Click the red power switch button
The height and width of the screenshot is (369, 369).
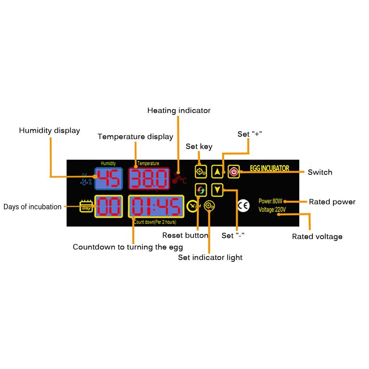[x=234, y=172]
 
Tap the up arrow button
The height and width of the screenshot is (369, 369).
[x=217, y=172]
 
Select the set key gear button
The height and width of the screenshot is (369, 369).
[x=201, y=172]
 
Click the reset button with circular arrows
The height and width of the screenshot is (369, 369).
[x=201, y=190]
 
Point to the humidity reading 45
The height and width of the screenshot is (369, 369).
[x=108, y=178]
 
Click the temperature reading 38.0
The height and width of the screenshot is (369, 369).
[x=149, y=178]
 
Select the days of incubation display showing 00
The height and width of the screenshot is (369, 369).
[x=108, y=206]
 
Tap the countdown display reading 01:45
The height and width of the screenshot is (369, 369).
[x=156, y=206]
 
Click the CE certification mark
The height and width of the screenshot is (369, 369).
[x=243, y=206]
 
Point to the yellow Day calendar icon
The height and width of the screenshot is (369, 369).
[x=86, y=206]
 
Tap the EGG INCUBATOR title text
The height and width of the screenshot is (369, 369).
[x=270, y=168]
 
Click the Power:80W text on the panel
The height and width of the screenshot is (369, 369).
[x=270, y=201]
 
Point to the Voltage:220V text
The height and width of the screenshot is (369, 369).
[x=272, y=209]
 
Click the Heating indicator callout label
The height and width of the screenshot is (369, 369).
[x=179, y=110]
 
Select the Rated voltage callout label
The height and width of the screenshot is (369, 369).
[x=317, y=236]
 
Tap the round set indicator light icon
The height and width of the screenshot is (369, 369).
[x=209, y=206]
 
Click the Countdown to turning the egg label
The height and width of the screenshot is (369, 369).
[x=128, y=247]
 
